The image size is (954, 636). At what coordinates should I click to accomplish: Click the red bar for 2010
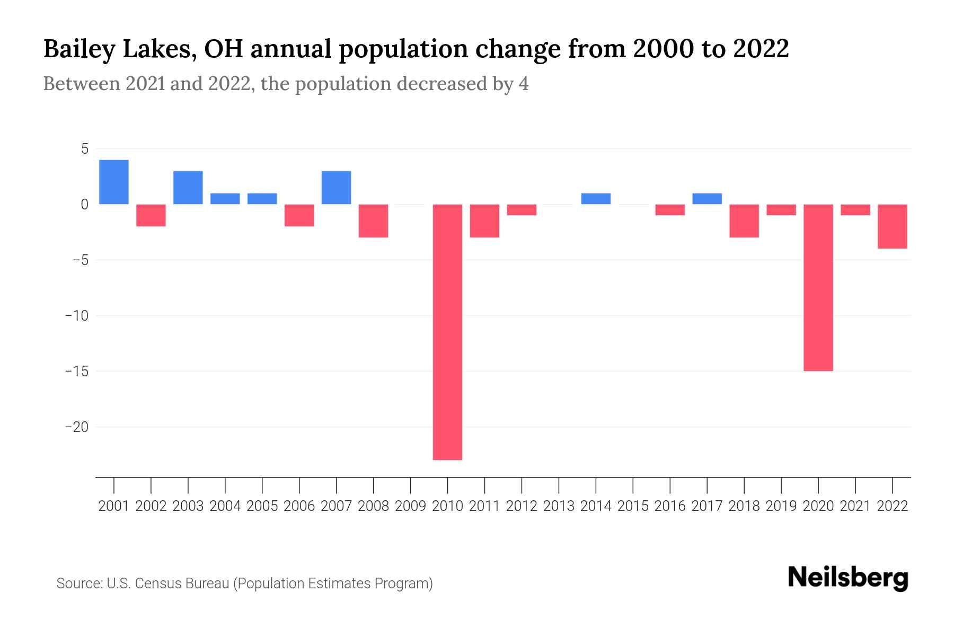pos(447,332)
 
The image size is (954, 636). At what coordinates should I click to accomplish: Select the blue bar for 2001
pos(114,182)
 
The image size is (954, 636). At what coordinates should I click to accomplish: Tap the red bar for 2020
pos(818,287)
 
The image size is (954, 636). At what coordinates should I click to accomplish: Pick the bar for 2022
pos(892,226)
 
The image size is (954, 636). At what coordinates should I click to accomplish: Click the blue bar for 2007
pos(336,188)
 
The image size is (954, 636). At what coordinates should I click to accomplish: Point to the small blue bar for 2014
pos(596,199)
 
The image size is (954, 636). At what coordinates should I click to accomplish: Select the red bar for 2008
pos(373,221)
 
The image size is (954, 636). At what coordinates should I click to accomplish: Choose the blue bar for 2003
pos(188,188)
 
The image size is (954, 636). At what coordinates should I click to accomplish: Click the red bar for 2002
pos(151,215)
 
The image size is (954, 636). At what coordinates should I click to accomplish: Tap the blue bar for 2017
pos(707,199)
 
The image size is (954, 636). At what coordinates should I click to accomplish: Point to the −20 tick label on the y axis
pos(76,427)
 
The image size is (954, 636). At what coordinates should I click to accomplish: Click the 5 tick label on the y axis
pos(84,149)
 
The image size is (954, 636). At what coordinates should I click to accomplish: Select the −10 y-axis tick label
pos(76,316)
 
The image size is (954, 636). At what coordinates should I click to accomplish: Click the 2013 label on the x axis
pos(559,506)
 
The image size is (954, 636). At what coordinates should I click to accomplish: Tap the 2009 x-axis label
pos(410,506)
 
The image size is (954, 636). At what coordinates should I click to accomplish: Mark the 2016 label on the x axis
pos(670,506)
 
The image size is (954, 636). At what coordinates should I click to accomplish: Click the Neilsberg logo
pos(848,578)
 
